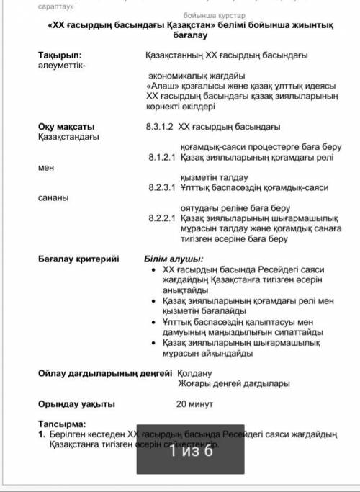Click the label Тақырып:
tap(60, 55)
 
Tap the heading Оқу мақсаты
tap(66, 127)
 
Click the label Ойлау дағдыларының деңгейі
tap(105, 373)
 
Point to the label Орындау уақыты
tap(76, 404)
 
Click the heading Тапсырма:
tap(61, 424)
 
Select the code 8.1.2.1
tap(162, 156)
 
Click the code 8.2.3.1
tap(162, 187)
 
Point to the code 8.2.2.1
tap(162, 218)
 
